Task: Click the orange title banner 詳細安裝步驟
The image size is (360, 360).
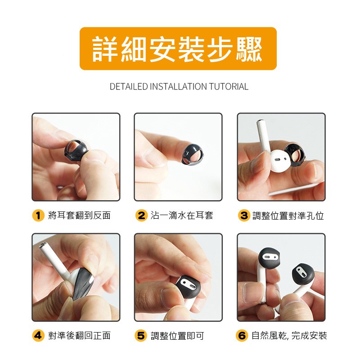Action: tap(178, 49)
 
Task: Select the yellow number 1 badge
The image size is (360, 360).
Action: tap(38, 216)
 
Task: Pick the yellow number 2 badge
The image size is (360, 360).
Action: tap(141, 216)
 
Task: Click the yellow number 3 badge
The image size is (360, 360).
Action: tap(244, 216)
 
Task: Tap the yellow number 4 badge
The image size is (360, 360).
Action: tap(38, 335)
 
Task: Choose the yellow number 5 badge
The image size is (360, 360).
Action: tap(141, 335)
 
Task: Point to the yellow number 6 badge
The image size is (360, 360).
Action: tap(242, 335)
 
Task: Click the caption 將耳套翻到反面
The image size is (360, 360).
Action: tap(80, 216)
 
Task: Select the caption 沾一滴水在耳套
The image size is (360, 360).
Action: tap(182, 216)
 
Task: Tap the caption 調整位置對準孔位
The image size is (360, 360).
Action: tap(288, 216)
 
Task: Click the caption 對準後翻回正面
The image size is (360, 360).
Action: tap(80, 335)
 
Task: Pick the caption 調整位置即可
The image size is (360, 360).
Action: tap(177, 336)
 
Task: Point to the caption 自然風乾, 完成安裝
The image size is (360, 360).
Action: tap(289, 335)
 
